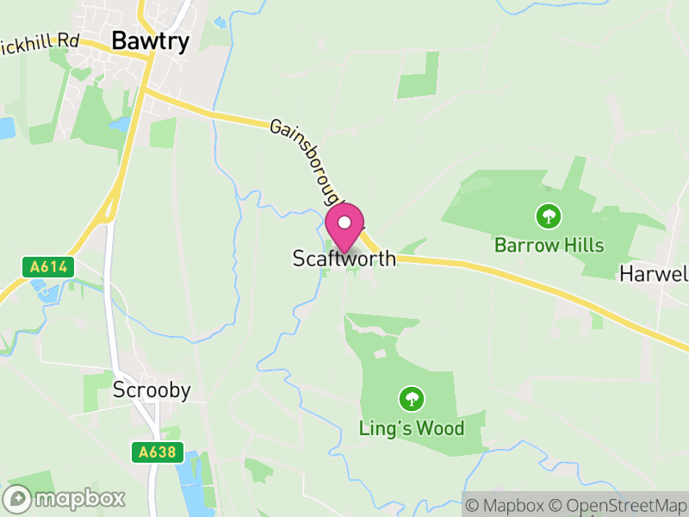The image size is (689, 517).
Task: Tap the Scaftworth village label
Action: (x=344, y=258)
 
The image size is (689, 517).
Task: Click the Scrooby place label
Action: (x=152, y=390)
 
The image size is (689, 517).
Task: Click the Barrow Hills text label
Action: (x=549, y=246)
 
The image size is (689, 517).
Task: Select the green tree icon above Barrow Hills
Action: (x=547, y=215)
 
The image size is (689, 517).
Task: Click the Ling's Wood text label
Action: (x=412, y=428)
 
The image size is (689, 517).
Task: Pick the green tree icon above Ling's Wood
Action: (x=412, y=398)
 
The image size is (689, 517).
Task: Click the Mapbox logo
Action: (x=65, y=498)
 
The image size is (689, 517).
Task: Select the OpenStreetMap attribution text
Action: (x=618, y=504)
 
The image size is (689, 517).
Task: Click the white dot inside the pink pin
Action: (x=344, y=222)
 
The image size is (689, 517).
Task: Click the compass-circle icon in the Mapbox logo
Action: (x=17, y=498)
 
